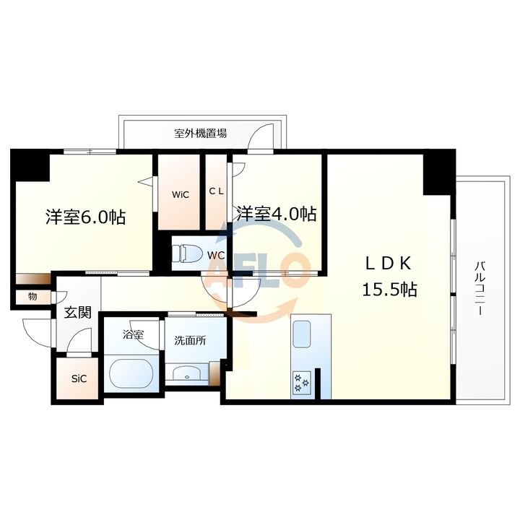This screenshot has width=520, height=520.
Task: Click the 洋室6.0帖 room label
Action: pos(86,216)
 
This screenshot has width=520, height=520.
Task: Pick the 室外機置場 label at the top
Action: pos(200,134)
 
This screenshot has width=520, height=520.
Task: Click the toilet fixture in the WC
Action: pos(189,253)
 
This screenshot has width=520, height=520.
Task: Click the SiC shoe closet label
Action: pos(79,378)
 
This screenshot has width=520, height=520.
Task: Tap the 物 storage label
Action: pos(32,296)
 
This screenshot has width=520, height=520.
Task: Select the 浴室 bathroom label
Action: pos(131,334)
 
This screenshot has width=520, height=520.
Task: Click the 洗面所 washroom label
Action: pos(189,340)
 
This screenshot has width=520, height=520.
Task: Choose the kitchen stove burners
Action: pos(301,382)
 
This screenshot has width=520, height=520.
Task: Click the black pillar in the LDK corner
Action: pos(438,172)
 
